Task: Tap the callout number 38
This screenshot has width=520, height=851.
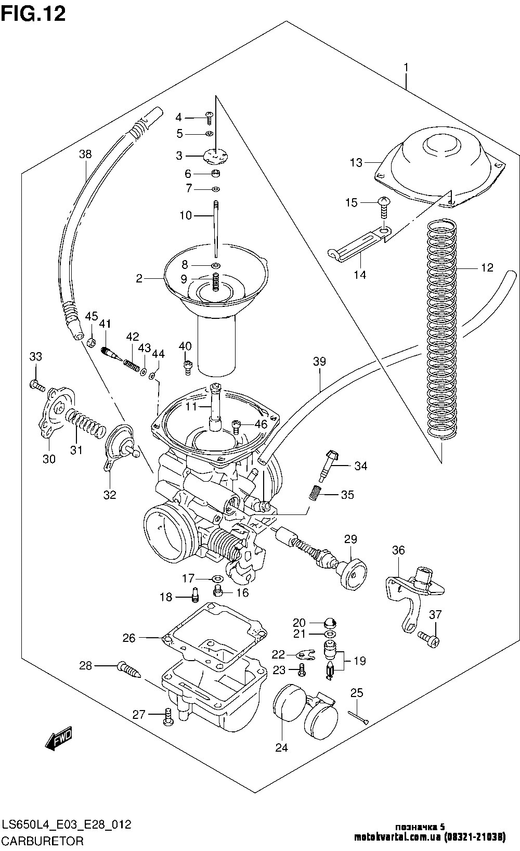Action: pyautogui.click(x=85, y=154)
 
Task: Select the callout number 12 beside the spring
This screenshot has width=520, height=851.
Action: pyautogui.click(x=487, y=268)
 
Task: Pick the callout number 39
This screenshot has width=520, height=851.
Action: pyautogui.click(x=319, y=362)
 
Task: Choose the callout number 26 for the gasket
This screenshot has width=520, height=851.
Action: pyautogui.click(x=129, y=637)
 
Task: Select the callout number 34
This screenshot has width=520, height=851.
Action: pyautogui.click(x=360, y=466)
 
